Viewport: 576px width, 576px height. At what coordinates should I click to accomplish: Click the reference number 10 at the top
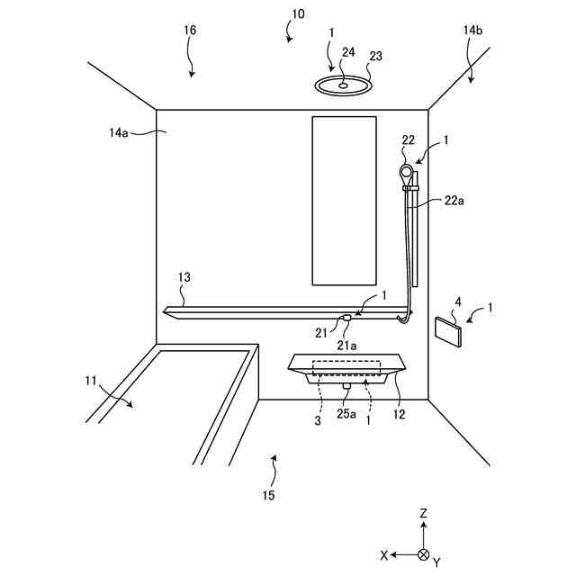pos(298,13)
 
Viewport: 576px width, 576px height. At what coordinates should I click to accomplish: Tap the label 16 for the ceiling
pos(189,30)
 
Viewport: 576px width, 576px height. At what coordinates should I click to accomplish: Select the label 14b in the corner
pos(472,30)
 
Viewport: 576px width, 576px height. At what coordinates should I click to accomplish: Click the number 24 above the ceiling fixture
pos(349,51)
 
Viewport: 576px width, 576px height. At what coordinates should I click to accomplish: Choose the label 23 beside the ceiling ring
pos(375,55)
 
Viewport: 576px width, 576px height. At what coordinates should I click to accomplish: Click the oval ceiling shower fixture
pos(343,85)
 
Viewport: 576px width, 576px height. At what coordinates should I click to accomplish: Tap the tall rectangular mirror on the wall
pos(343,200)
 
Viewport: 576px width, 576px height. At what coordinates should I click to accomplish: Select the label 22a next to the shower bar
pos(454,201)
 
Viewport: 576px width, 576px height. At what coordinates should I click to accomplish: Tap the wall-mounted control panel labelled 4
pos(448,328)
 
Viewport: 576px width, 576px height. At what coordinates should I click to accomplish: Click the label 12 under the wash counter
pos(399,415)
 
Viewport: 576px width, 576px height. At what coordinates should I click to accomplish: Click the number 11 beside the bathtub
pos(90,382)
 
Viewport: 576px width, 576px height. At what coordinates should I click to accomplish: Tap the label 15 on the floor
pos(268,494)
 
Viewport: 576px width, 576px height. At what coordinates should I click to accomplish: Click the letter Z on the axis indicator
pos(424,513)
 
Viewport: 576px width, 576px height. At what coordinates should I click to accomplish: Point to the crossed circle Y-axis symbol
pos(424,555)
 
